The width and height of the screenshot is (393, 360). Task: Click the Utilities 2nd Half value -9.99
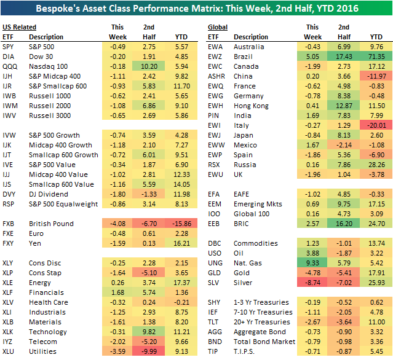(148, 351)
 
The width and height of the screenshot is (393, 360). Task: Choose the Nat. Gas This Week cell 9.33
(313, 263)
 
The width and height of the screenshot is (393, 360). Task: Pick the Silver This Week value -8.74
(312, 282)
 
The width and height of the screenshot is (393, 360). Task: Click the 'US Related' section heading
(19, 27)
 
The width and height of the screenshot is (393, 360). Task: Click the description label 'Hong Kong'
(252, 105)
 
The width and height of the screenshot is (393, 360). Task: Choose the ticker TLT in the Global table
(214, 322)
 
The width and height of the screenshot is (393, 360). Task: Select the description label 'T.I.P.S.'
(247, 351)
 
